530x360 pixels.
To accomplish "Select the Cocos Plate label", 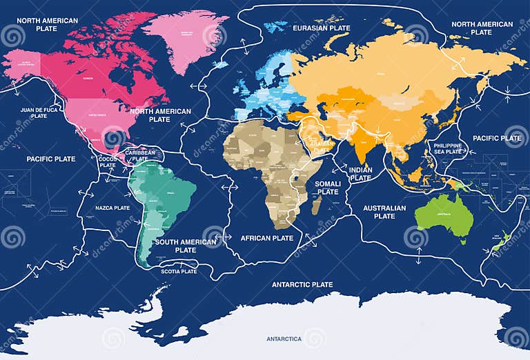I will (108, 162).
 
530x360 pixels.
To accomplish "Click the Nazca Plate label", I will (112, 208).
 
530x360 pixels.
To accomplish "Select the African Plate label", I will (266, 238).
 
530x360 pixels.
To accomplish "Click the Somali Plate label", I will (328, 188).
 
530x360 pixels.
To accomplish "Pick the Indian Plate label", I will (360, 173).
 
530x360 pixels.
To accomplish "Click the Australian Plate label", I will (384, 211).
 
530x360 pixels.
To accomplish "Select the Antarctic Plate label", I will (302, 284).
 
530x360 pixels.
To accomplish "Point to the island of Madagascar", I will (317, 206).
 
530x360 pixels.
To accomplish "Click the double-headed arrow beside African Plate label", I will (223, 239).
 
